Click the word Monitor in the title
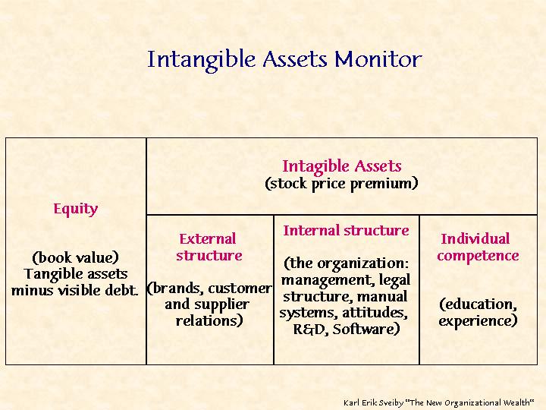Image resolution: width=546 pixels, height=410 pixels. click(378, 59)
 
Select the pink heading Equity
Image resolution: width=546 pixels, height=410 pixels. click(76, 210)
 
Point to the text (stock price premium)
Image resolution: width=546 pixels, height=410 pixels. click(341, 184)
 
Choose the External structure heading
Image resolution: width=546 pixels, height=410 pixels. click(209, 248)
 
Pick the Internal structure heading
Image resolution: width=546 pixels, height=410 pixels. click(346, 231)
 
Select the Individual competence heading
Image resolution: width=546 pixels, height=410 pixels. click(478, 248)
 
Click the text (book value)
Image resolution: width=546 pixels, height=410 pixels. click(75, 257)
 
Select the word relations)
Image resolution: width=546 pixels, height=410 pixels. click(209, 320)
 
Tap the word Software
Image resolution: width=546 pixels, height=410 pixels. click(366, 329)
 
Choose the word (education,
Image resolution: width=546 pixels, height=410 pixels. click(478, 304)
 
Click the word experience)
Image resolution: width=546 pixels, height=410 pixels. click(478, 320)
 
